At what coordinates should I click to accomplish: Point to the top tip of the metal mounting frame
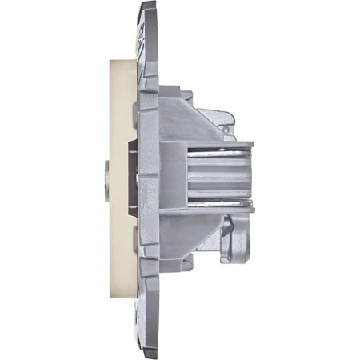tap(146, 6)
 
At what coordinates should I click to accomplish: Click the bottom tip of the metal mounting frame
tap(147, 354)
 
